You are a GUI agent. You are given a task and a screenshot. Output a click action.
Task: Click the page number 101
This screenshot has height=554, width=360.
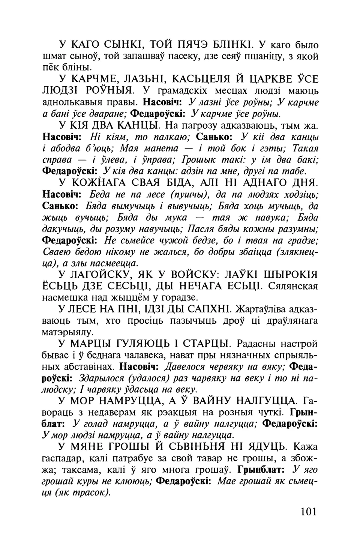[309, 511]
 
